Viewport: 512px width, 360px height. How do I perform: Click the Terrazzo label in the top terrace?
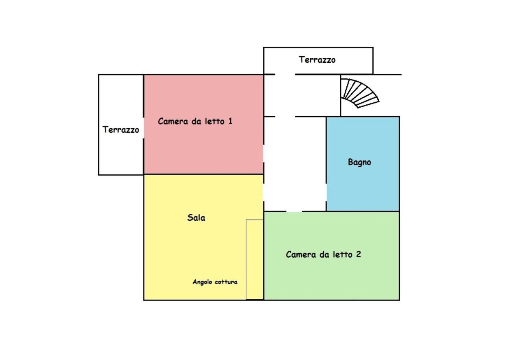point(317,60)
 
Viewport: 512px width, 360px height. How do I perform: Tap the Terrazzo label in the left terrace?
point(121,130)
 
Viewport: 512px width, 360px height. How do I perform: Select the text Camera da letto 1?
point(195,121)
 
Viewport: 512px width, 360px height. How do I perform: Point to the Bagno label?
point(359,162)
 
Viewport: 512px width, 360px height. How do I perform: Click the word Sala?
point(196,218)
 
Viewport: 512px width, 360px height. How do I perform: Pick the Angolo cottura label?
point(215,282)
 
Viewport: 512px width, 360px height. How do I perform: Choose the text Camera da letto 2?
point(323,254)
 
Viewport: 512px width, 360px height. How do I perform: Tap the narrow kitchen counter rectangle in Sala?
point(255,260)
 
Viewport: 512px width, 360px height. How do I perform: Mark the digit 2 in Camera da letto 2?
point(358,254)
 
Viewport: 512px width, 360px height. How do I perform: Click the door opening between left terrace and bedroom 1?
point(144,128)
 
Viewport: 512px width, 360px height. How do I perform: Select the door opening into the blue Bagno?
point(326,193)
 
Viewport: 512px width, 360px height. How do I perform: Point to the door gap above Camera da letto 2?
point(294,212)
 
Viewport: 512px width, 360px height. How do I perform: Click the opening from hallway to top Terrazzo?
point(285,74)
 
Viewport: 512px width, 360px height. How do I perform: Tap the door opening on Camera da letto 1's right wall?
point(264,154)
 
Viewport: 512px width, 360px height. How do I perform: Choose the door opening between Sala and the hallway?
point(264,193)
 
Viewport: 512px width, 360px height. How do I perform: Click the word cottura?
point(226,282)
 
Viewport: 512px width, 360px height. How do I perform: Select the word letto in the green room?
point(342,254)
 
